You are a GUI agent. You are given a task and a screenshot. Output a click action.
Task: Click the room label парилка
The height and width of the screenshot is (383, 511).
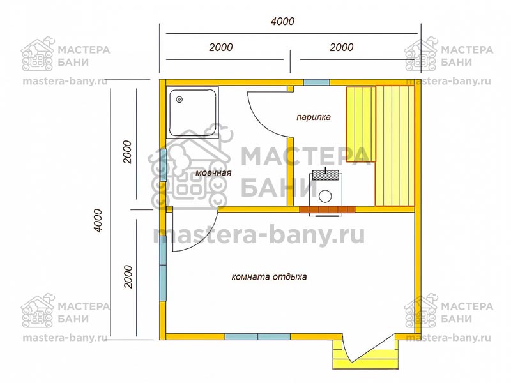313,117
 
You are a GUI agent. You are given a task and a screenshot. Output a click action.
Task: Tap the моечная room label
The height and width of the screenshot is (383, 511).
213,172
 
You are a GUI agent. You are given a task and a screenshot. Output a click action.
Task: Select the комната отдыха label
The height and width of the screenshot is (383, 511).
269,277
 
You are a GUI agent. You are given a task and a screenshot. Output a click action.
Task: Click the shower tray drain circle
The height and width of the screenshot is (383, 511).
179,100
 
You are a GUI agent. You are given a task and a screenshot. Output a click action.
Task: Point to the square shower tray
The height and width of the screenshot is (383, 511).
192,112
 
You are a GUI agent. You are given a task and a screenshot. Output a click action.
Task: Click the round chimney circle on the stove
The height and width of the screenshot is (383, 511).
325,196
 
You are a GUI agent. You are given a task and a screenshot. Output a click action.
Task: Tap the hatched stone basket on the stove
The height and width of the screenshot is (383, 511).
326,175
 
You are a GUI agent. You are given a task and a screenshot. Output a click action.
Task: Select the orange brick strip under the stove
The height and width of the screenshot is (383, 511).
327,209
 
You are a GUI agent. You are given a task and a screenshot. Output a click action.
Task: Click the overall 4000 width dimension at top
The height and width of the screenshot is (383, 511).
282,22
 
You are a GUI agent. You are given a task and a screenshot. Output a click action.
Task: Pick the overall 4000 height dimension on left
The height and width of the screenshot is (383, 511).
98,220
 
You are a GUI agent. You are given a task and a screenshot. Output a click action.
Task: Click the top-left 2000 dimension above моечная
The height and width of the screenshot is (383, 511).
220,47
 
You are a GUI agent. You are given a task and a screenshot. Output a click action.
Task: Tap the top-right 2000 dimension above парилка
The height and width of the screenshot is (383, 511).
341,47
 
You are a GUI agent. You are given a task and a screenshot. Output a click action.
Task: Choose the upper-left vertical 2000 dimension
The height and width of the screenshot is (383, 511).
127,152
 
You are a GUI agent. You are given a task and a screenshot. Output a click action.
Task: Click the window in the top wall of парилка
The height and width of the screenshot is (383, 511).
316,82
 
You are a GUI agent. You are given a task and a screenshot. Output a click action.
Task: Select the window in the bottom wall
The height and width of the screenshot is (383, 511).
258,336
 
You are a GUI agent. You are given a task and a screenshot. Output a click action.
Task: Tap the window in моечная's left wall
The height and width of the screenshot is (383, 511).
163,165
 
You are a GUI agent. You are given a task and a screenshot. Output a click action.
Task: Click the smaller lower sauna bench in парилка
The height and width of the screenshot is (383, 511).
361,124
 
